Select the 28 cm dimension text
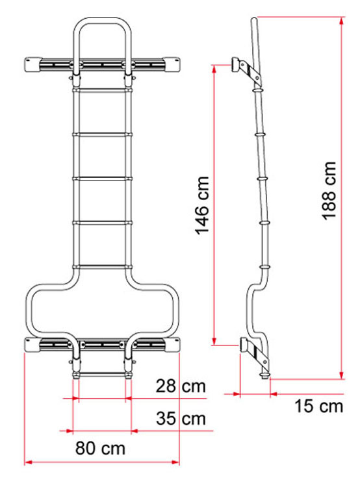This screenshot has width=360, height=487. tap(179, 388)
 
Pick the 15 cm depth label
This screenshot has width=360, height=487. tap(318, 407)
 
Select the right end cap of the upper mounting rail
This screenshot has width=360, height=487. tap(173, 64)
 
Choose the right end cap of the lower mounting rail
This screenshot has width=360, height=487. tap(173, 345)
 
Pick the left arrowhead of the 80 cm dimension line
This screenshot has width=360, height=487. tap(28, 462)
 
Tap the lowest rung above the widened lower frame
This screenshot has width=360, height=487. tap(103, 266)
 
